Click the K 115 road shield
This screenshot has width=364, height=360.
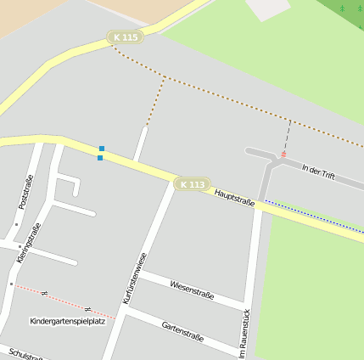pos(125,37)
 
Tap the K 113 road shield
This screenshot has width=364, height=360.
pos(193,184)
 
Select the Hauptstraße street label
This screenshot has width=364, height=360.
pos(234,198)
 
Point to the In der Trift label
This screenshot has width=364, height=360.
pos(318,172)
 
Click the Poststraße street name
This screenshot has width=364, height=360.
pos(25,192)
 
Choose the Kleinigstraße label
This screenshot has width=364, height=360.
pos(29,242)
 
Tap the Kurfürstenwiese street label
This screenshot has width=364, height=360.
pos(135,278)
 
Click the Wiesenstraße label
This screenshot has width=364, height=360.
pos(192,290)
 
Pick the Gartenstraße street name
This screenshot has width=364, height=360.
pos(182,330)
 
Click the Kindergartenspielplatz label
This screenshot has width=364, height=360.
pos(67,322)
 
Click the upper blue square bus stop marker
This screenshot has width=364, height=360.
pos(102,149)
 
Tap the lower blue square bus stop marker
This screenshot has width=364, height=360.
pos(100,157)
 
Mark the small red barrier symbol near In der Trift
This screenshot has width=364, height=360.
pos(283,155)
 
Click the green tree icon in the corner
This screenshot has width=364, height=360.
pos(343,7)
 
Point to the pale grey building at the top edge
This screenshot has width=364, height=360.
pos(268,8)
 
